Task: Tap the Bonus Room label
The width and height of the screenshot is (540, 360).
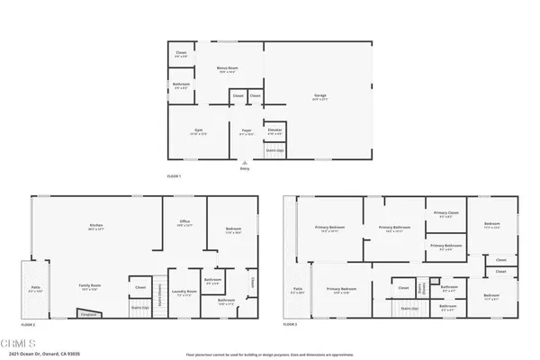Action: pos(226,69)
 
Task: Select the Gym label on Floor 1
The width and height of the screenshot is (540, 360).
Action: pos(199,131)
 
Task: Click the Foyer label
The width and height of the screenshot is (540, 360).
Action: pos(245,131)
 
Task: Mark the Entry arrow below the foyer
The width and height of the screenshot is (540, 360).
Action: pos(245,163)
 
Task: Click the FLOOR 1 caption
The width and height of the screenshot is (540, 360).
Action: pos(174,175)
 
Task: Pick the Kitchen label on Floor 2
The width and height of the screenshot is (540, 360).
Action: pos(95,226)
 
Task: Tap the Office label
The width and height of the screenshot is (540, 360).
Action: pos(184,226)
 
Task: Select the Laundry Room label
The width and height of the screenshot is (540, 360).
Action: pos(184,294)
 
